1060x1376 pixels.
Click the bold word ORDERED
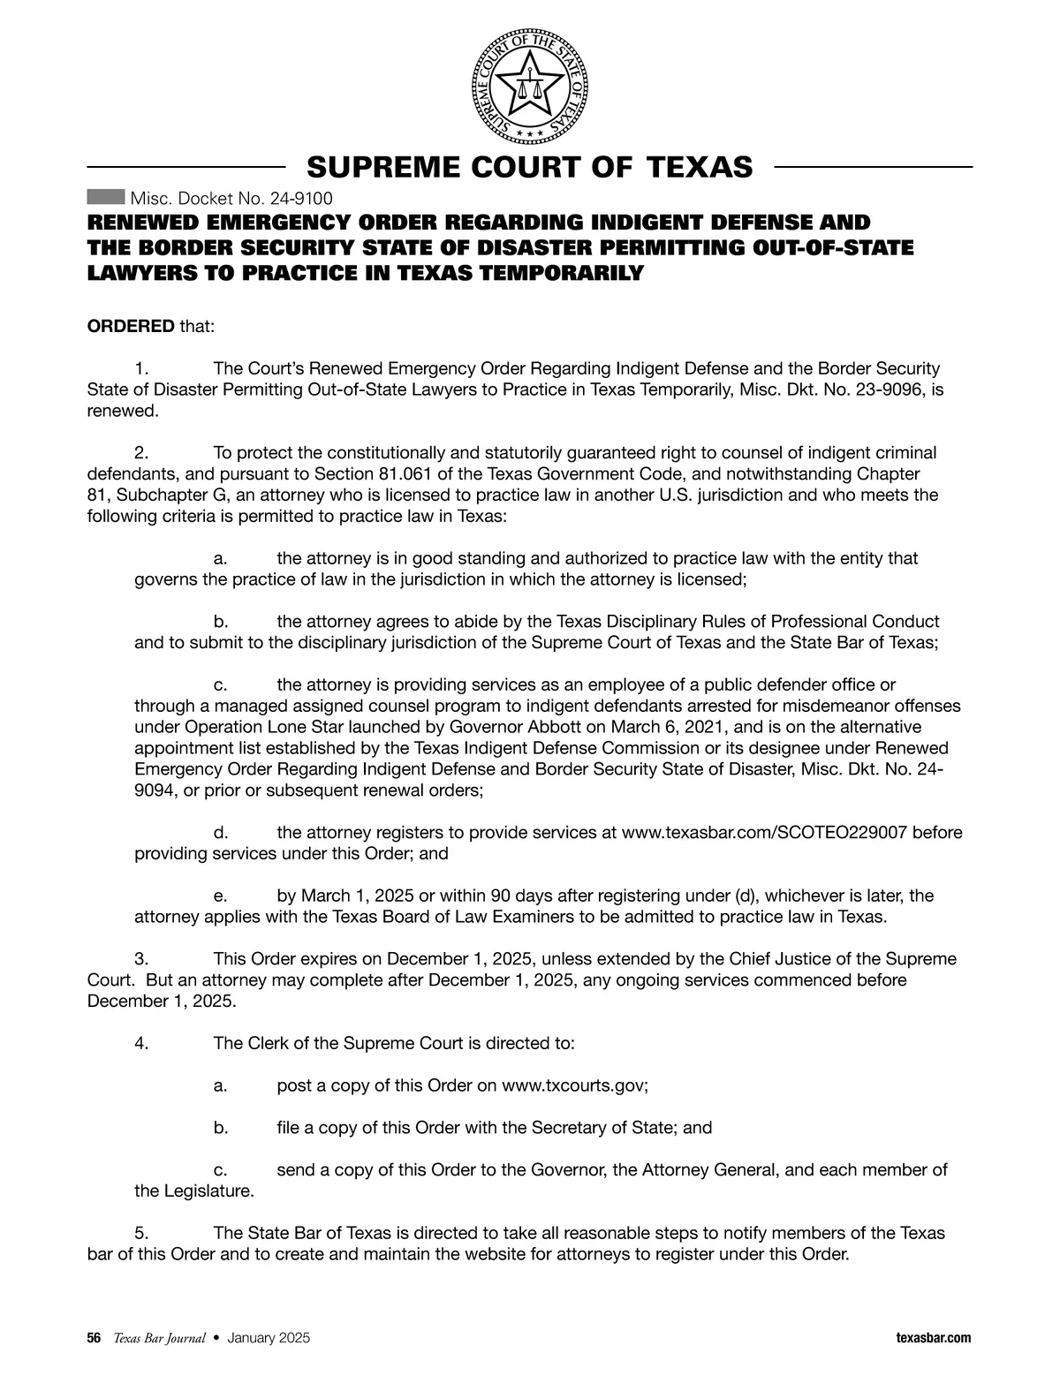point(131,327)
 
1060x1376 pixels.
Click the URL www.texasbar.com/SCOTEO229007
point(764,833)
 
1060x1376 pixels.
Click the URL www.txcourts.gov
point(573,1085)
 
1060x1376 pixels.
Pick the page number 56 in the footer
point(94,1338)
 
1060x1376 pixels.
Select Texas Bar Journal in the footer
point(159,1338)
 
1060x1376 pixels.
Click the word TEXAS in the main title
point(700,167)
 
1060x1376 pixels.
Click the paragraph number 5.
point(140,1233)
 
